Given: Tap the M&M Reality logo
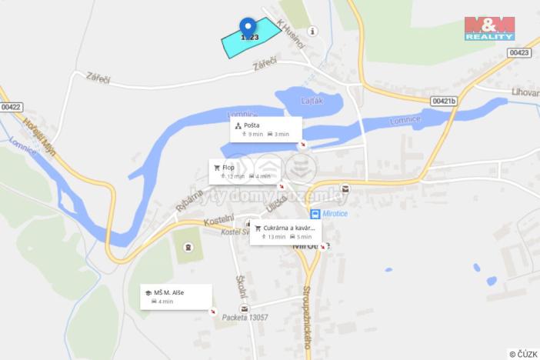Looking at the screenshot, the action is [489, 28].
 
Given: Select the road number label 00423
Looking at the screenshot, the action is [519, 52].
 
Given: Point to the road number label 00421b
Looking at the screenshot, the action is [443, 101].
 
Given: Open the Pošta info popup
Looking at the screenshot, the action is [265, 128].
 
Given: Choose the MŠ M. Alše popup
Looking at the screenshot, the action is [175, 296].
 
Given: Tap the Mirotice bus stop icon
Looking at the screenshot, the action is [315, 214].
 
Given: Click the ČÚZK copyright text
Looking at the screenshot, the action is [523, 353].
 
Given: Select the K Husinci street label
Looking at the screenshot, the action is [290, 34].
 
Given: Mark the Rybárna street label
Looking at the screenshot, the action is [188, 199].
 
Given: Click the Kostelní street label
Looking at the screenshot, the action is [218, 221].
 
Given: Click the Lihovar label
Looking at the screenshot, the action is [525, 92].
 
